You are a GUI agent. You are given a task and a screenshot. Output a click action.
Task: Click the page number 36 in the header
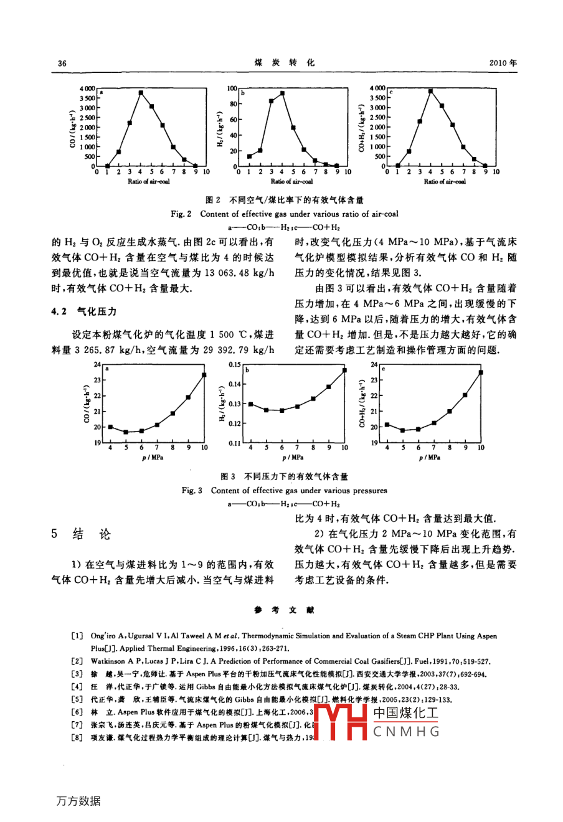pyautogui.click(x=62, y=64)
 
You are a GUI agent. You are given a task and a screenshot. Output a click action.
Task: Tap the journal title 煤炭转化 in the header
pyautogui.click(x=285, y=63)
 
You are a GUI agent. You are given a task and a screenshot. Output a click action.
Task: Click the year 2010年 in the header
pyautogui.click(x=503, y=63)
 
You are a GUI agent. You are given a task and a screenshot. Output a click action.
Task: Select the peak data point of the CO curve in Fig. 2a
pyautogui.click(x=141, y=93)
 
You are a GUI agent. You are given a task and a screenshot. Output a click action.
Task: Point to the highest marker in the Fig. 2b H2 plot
pyautogui.click(x=282, y=93)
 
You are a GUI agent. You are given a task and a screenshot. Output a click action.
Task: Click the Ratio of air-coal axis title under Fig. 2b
pyautogui.click(x=291, y=182)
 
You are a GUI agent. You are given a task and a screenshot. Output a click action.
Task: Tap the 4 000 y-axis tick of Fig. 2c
pyautogui.click(x=377, y=88)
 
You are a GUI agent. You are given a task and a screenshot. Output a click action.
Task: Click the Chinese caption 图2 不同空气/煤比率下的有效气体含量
pyautogui.click(x=285, y=201)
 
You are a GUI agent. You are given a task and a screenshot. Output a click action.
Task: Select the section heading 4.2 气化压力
pyautogui.click(x=84, y=311)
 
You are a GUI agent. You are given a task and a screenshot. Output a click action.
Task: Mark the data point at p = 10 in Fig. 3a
pyautogui.click(x=204, y=374)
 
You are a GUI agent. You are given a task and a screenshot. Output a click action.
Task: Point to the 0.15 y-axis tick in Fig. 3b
pyautogui.click(x=234, y=364)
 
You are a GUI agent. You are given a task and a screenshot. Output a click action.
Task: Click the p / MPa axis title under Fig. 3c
pyautogui.click(x=429, y=458)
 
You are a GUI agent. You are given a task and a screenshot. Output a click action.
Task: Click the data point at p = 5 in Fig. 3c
pyautogui.click(x=402, y=430)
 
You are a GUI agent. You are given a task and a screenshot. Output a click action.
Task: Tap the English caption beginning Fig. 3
pyautogui.click(x=284, y=491)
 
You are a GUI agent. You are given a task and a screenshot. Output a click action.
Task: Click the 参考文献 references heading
pyautogui.click(x=285, y=610)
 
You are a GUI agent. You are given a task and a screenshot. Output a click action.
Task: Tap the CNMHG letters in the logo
pyautogui.click(x=406, y=732)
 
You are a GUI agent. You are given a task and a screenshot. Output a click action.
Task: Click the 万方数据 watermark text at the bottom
pyautogui.click(x=78, y=801)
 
